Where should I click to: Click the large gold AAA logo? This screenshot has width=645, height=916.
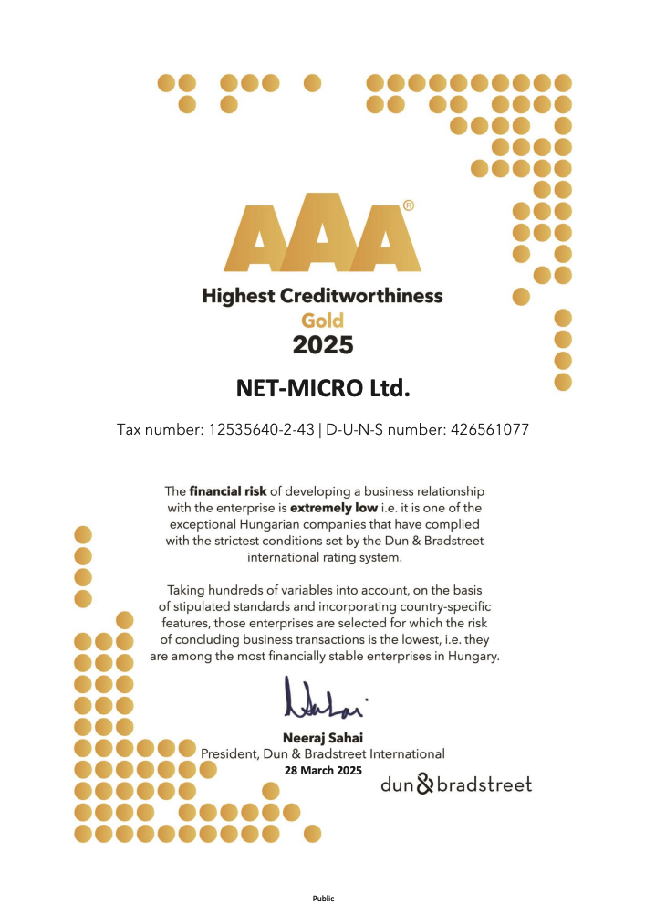[x=322, y=235]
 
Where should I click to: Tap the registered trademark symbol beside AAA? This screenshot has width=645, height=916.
[x=408, y=206]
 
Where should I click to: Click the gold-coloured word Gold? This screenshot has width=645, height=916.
[x=322, y=321]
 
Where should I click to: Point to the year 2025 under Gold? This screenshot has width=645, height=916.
[x=322, y=345]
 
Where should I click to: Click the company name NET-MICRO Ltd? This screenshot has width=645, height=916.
[x=322, y=390]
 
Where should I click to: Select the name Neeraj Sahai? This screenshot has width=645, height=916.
[x=323, y=737]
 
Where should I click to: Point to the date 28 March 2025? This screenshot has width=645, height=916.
[x=323, y=771]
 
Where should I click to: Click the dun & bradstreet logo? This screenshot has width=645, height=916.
[x=455, y=784]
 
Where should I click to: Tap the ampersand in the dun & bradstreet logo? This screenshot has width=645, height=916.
[x=426, y=784]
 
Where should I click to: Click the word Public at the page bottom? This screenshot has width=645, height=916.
[x=323, y=899]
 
